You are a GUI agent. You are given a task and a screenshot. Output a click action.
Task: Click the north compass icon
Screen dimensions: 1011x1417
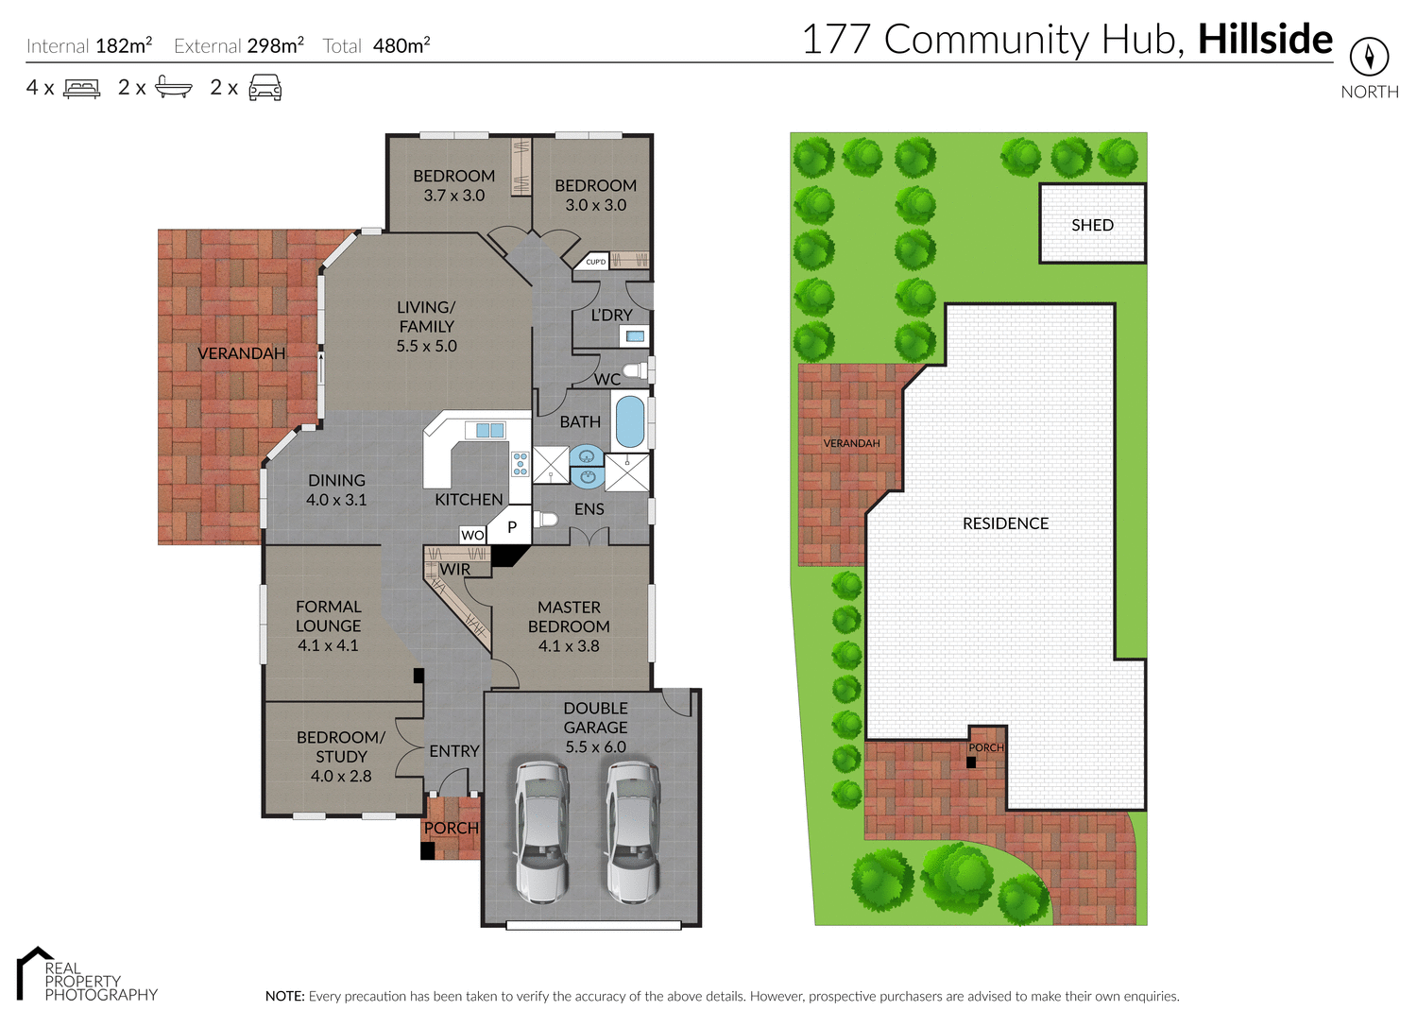[x=1369, y=57]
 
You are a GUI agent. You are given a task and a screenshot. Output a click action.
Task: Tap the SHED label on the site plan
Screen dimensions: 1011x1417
[x=1092, y=225]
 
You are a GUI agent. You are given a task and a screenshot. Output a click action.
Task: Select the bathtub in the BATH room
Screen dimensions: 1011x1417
[x=630, y=421]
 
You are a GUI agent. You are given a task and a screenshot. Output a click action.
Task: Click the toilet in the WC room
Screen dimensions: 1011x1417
[x=637, y=369]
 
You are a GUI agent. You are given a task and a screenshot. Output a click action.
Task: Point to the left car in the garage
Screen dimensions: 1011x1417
[x=541, y=831]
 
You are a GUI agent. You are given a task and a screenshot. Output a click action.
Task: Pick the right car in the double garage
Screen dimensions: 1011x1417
[x=632, y=831]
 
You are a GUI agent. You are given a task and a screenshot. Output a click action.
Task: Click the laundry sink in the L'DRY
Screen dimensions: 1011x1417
[x=635, y=335]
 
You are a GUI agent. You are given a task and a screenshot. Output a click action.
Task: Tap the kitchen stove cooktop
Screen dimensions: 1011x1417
[x=521, y=463]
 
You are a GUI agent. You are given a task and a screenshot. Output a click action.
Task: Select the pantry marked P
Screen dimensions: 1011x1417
[x=511, y=527]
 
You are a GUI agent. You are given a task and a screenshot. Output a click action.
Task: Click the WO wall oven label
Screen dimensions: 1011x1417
[x=472, y=535]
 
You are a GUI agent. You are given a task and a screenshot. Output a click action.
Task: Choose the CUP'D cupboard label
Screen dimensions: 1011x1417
[x=595, y=262]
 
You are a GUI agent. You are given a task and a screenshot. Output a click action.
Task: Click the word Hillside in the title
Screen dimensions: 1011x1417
[x=1265, y=40]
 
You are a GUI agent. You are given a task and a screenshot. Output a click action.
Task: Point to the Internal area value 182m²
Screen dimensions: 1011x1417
[x=124, y=45]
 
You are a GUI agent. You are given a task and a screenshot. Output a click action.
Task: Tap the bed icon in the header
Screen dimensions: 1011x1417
[x=82, y=89]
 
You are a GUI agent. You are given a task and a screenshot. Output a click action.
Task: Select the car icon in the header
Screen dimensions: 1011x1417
[x=265, y=88]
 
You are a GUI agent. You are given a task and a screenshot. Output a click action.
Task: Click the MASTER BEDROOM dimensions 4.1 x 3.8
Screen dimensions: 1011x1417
[x=569, y=646]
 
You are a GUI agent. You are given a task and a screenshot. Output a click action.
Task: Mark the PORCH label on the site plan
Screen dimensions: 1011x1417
[x=986, y=747]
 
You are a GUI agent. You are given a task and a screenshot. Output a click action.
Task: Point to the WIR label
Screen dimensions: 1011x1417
[x=454, y=570]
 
